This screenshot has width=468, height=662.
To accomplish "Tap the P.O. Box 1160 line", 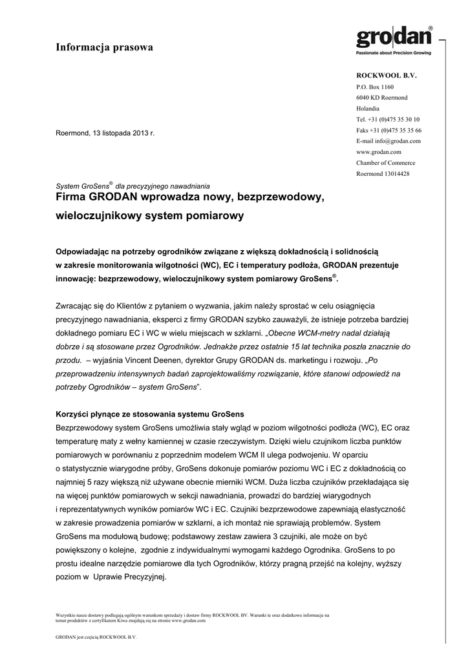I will [374, 87].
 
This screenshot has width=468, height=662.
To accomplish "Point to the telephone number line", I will [388, 119].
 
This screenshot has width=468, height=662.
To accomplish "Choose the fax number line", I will [388, 130].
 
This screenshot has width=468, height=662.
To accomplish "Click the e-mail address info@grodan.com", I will [388, 141].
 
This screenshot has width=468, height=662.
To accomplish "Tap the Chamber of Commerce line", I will [386, 163].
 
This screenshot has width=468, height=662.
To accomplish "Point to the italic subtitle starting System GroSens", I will [133, 185].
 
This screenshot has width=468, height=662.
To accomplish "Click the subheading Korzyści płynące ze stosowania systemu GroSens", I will [151, 414].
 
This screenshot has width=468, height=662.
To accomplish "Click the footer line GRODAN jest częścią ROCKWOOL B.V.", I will [96, 637].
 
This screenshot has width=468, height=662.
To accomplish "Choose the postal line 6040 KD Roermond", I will [381, 98].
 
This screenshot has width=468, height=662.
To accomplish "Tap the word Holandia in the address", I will [368, 109].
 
